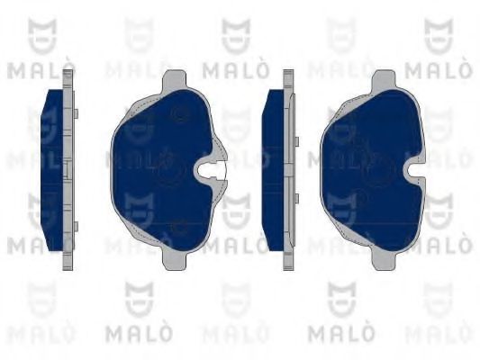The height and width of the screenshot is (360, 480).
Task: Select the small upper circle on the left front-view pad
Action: [x=179, y=114]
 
